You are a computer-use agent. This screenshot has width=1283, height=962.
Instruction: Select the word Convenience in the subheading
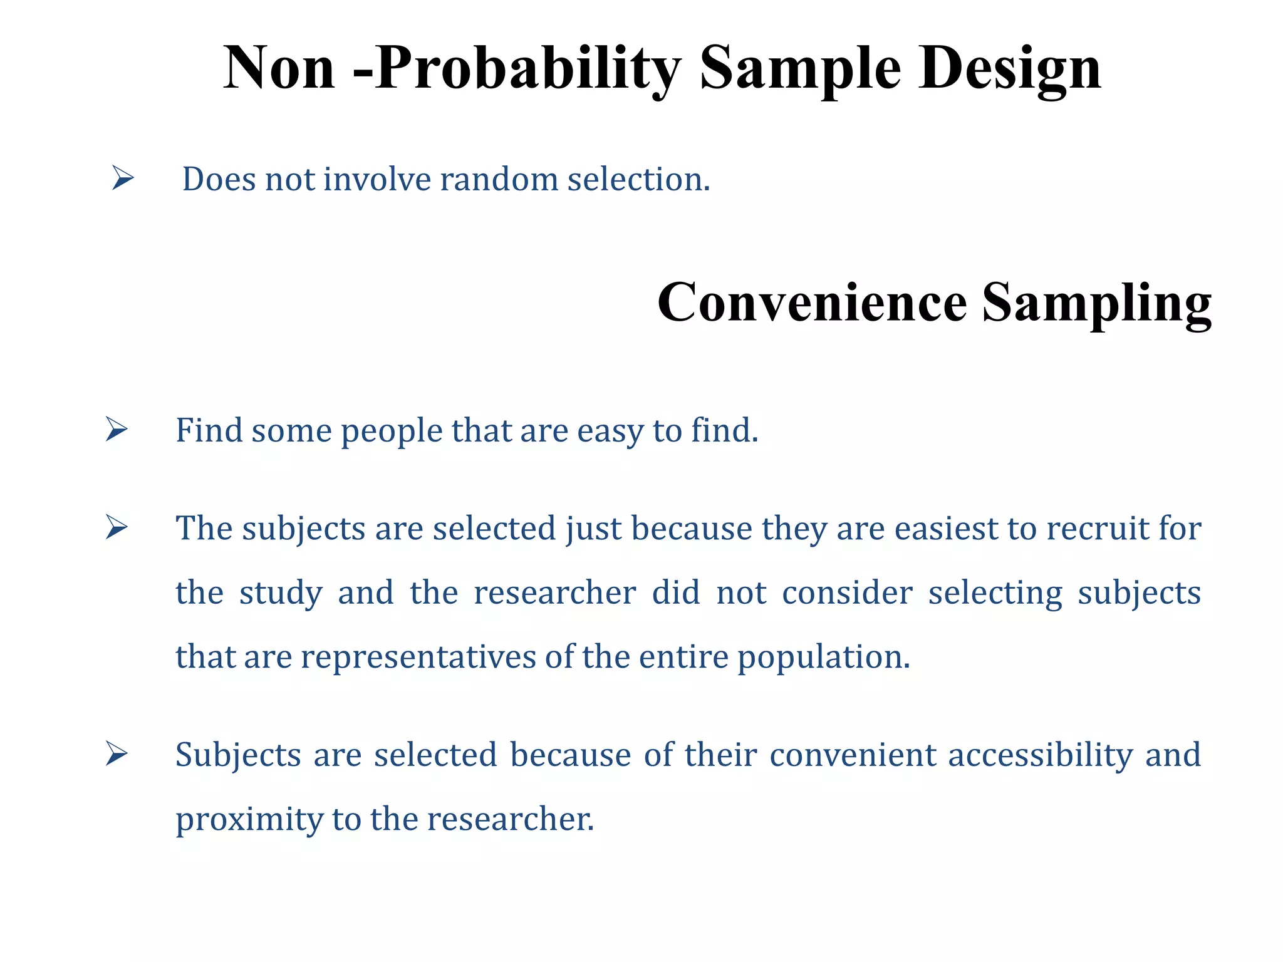click(813, 303)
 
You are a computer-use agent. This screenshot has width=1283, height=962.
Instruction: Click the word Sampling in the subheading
click(1096, 303)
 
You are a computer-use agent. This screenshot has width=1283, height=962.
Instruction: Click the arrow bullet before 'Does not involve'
click(123, 178)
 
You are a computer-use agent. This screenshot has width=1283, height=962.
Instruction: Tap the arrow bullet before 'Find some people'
click(117, 429)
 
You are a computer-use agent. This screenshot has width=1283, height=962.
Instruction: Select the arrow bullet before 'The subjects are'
click(117, 527)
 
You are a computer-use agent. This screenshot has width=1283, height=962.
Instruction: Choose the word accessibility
click(1041, 755)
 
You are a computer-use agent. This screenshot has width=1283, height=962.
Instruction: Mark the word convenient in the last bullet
click(853, 755)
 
